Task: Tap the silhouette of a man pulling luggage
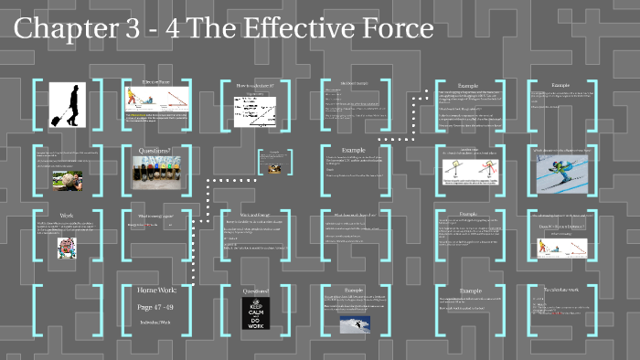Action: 66,103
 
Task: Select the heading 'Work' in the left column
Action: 66,216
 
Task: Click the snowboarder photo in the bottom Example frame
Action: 355,324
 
